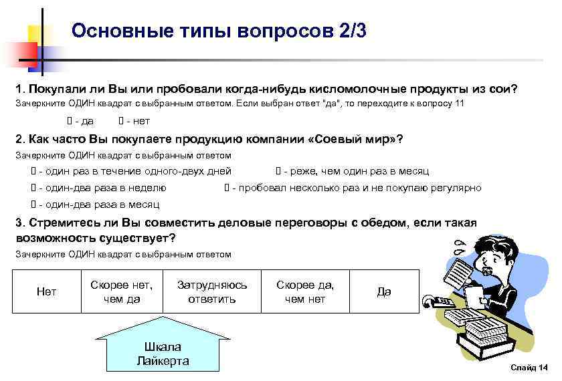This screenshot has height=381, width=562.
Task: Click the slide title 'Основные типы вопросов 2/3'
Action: pyautogui.click(x=219, y=31)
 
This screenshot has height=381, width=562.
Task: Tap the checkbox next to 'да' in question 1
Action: pyautogui.click(x=69, y=122)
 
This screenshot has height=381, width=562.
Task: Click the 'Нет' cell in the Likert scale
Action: pyautogui.click(x=46, y=291)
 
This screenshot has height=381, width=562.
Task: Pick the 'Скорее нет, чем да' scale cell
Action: pyautogui.click(x=121, y=291)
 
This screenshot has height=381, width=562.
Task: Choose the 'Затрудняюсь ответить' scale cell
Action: pyautogui.click(x=211, y=291)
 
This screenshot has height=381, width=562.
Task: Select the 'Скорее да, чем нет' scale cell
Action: pyautogui.click(x=304, y=291)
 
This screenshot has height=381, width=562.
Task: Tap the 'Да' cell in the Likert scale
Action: pyautogui.click(x=384, y=291)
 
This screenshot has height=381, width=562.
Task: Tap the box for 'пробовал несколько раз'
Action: pyautogui.click(x=226, y=188)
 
